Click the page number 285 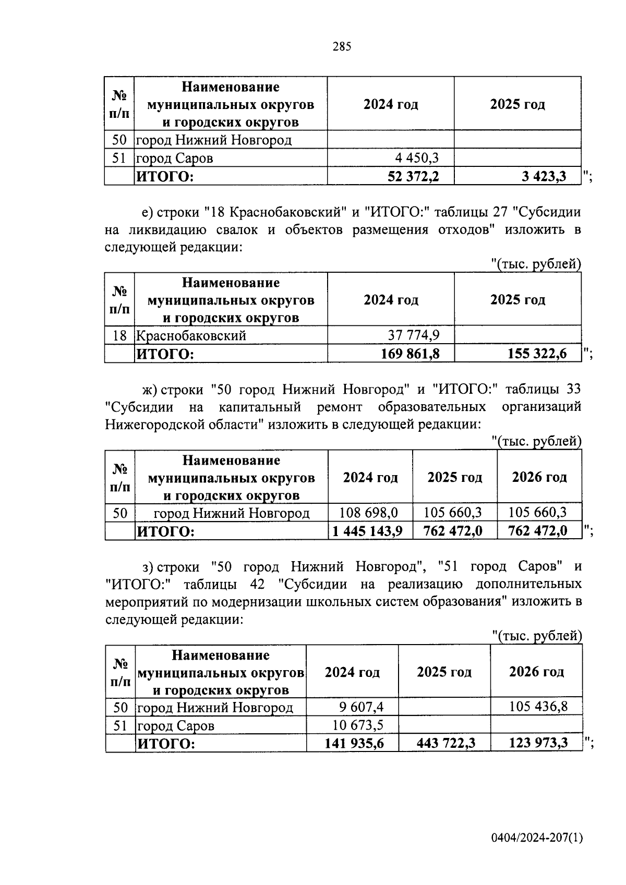tap(342, 47)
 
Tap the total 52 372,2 tap(413, 176)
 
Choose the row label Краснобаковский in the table tap(191, 335)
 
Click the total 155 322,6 tap(537, 354)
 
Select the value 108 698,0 tap(369, 513)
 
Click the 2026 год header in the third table tap(539, 477)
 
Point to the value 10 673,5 tap(358, 725)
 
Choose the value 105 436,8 tap(537, 707)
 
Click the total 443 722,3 tap(446, 743)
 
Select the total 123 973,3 tap(538, 743)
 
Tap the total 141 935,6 tap(354, 743)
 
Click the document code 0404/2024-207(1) tap(537, 838)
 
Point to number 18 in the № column tap(119, 335)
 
